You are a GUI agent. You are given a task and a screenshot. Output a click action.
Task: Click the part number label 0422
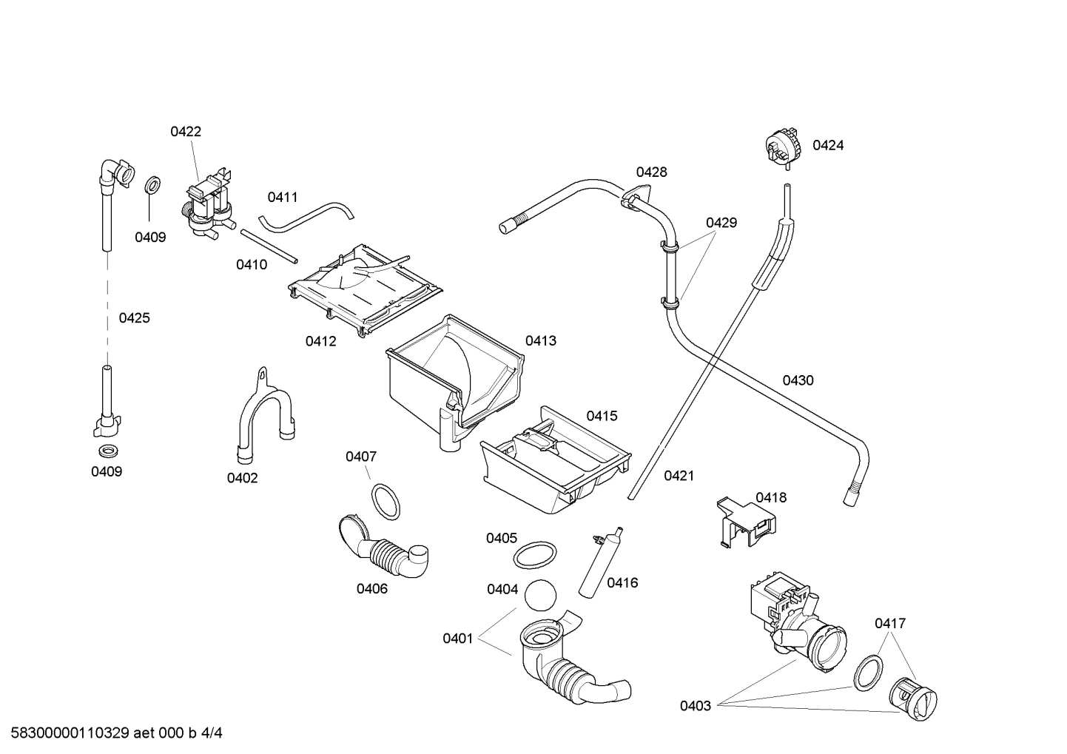click(x=186, y=132)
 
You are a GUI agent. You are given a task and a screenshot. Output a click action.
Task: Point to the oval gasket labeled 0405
click(x=535, y=554)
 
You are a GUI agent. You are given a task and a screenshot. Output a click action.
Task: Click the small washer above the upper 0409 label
click(x=152, y=184)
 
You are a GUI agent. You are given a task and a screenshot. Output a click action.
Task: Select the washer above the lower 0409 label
click(x=107, y=451)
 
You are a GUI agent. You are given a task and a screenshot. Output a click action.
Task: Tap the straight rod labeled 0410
click(x=269, y=246)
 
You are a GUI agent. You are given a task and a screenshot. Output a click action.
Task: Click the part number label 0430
click(x=798, y=380)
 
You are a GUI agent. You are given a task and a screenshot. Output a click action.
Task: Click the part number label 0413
click(x=541, y=341)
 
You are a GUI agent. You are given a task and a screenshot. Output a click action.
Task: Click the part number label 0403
click(x=696, y=706)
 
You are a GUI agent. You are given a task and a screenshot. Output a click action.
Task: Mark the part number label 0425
click(x=134, y=318)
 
